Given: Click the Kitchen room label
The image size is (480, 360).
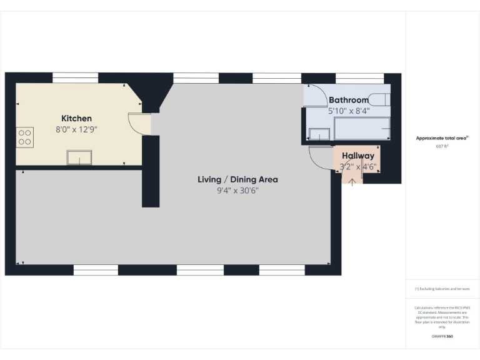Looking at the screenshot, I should pyautogui.click(x=76, y=118).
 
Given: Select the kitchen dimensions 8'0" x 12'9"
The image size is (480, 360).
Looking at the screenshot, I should pyautogui.click(x=76, y=130).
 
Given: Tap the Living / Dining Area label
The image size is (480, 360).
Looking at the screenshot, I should pyautogui.click(x=237, y=179).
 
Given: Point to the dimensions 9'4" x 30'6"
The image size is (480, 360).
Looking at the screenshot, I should pyautogui.click(x=237, y=191).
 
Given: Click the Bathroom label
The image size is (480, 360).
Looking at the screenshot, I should pyautogui.click(x=349, y=100).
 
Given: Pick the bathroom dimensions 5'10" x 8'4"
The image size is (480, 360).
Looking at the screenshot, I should pyautogui.click(x=349, y=111).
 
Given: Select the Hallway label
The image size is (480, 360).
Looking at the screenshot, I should pyautogui.click(x=357, y=156).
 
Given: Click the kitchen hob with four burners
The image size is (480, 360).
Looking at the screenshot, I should pyautogui.click(x=24, y=136).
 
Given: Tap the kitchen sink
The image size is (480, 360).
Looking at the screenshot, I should pyautogui.click(x=79, y=157).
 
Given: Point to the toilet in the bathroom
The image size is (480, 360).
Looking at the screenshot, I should pyautogui.click(x=379, y=99).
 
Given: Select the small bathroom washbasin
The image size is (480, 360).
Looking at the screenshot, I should pyautogui.click(x=320, y=134).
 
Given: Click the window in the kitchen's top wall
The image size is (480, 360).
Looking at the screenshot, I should pyautogui.click(x=75, y=77).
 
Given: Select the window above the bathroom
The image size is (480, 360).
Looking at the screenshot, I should pyautogui.click(x=359, y=77).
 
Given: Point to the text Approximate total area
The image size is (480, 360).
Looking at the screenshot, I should pyautogui.click(x=442, y=138).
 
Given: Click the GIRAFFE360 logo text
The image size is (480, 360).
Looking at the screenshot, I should pyautogui.click(x=442, y=336).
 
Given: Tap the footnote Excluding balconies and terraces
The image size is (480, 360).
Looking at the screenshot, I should pyautogui.click(x=442, y=289).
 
